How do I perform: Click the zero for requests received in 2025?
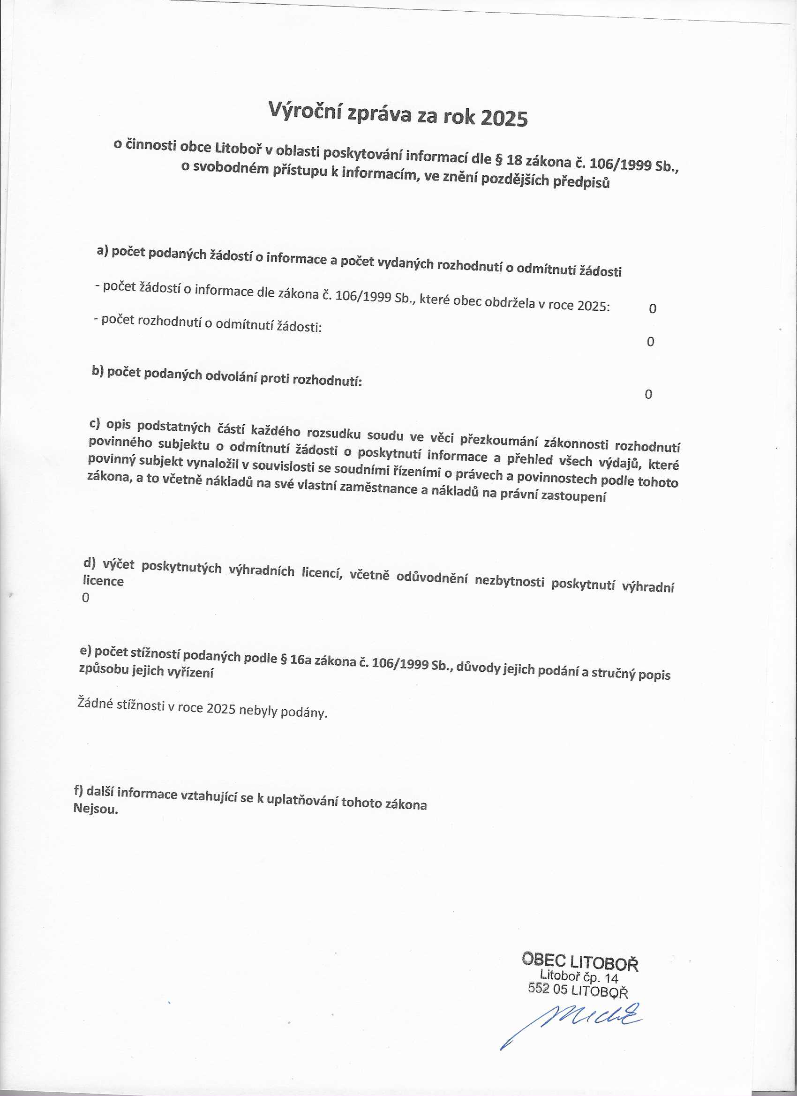(x=653, y=308)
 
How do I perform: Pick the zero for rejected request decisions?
(x=651, y=342)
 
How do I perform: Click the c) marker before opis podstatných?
(x=95, y=424)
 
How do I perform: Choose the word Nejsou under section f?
(x=95, y=809)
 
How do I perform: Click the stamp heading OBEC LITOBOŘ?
(x=580, y=961)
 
